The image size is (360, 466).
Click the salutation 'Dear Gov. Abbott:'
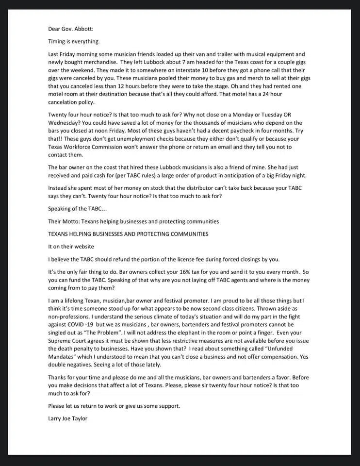click(67, 29)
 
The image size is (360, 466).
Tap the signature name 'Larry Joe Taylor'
click(67, 418)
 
